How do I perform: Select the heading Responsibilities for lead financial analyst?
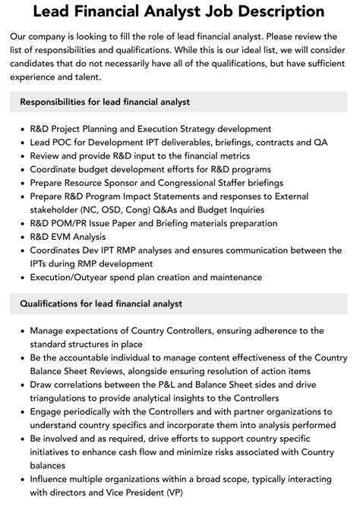(x=105, y=102)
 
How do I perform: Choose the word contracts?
(x=267, y=142)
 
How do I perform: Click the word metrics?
(x=232, y=156)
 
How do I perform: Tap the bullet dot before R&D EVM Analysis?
(x=21, y=238)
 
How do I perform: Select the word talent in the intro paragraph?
(x=104, y=77)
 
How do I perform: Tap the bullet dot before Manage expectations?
(x=21, y=331)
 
